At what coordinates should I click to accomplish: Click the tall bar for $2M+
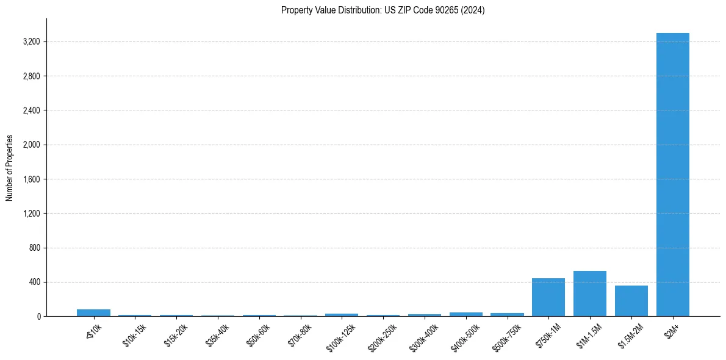672,175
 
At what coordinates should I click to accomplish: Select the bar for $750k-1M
548,297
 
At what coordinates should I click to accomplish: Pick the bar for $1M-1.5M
589,293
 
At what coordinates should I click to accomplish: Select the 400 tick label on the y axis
34,283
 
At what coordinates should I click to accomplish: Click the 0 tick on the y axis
38,317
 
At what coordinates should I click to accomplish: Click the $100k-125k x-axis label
342,334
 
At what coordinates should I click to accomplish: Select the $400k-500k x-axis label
465,334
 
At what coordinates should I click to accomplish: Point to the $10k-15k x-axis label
135,333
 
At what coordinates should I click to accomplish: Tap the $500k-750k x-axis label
507,334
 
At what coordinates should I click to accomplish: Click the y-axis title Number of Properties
10,168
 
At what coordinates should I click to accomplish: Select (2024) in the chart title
474,10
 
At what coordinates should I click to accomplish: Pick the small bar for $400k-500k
465,314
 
